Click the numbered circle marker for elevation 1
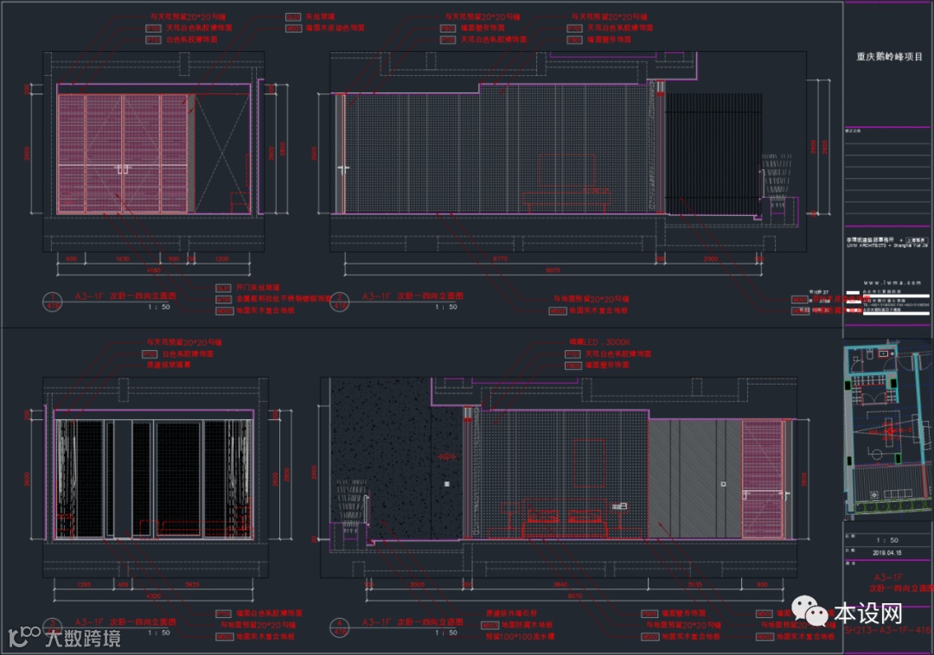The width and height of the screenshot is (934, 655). (x=52, y=301)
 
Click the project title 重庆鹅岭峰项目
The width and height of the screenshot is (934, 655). (x=889, y=57)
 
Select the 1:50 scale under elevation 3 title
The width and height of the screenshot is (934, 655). (x=159, y=633)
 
